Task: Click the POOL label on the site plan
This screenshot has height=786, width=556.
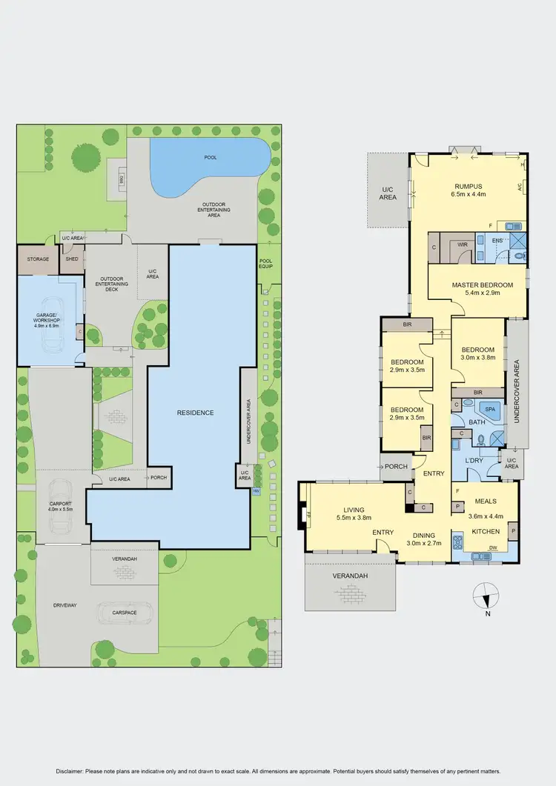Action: (x=212, y=157)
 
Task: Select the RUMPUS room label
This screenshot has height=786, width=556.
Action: (x=469, y=187)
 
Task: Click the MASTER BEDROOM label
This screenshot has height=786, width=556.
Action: (x=483, y=284)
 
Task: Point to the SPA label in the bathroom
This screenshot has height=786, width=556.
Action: (x=489, y=409)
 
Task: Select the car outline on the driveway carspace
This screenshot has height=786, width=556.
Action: (x=125, y=613)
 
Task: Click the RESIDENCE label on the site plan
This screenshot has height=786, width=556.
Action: (x=195, y=413)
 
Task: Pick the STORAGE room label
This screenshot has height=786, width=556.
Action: (x=38, y=259)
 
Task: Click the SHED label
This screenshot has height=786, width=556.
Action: (x=72, y=259)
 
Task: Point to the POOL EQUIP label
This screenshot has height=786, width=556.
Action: (x=265, y=263)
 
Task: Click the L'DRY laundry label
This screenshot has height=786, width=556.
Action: (x=474, y=461)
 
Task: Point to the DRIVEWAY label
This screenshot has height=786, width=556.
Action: (x=64, y=605)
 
